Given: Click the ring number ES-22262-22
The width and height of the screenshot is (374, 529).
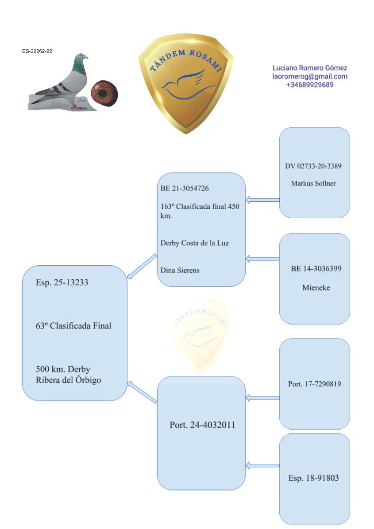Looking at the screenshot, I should point(37,51).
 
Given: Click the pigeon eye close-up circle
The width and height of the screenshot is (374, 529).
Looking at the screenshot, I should point(104,93).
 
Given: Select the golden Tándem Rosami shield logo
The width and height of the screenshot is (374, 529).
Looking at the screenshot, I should point(186,84).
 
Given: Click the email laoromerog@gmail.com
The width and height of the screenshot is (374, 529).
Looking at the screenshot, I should point(310,76).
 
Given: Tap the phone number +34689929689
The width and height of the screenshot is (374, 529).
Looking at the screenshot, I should point(310,85).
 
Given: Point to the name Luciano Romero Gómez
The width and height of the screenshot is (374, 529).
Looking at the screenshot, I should point(310,68).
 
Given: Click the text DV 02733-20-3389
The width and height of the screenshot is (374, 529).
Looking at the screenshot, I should point(313,166).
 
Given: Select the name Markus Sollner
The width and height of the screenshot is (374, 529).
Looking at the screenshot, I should point(313,183).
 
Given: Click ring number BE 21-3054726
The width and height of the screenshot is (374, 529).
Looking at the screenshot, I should point(185,188).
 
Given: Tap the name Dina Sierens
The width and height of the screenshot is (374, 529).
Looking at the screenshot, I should point(180,270).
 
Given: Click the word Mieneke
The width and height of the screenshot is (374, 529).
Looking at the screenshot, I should point(316,288).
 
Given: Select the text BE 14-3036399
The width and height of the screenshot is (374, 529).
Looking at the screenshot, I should point(316,269).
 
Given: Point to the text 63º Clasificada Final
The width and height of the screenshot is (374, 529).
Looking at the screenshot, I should point(73,326).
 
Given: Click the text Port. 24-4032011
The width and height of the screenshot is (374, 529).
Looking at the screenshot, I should point(202,425).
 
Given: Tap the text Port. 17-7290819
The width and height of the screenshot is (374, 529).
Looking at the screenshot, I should point(315,384).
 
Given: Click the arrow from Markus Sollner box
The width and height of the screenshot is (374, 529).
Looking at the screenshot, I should point(262,200).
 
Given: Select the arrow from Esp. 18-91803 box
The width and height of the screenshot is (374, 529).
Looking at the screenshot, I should point(262,465).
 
